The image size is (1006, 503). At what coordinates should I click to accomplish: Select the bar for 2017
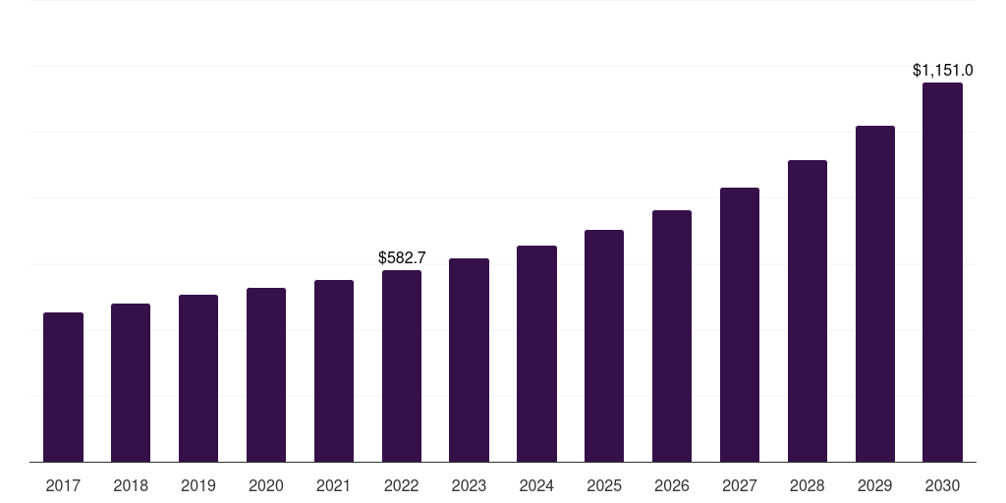63,387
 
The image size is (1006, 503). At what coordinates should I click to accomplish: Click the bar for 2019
198,378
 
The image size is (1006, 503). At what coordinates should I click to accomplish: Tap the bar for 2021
334,370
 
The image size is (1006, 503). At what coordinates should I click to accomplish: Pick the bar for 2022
402,365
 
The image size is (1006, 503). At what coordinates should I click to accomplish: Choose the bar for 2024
536,354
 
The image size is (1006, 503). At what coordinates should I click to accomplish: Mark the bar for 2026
672,336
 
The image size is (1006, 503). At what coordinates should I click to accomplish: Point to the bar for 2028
808,310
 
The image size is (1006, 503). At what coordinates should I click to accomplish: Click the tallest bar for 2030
942,272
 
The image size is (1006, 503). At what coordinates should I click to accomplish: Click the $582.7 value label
402,257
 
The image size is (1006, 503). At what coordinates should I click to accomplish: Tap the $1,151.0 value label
942,71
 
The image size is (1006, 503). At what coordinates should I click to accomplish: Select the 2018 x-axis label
131,485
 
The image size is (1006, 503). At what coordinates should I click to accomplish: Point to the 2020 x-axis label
266,485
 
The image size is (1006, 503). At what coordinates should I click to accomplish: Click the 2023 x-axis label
469,485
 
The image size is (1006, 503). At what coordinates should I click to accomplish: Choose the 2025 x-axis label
604,485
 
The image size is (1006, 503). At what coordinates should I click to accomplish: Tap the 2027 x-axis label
740,485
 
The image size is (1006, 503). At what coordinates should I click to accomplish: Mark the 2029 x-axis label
874,485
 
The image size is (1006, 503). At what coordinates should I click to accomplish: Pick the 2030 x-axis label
942,485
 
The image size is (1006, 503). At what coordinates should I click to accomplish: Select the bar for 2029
874,294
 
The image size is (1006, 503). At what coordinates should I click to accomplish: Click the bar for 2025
604,346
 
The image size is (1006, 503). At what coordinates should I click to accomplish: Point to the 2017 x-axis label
63,485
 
